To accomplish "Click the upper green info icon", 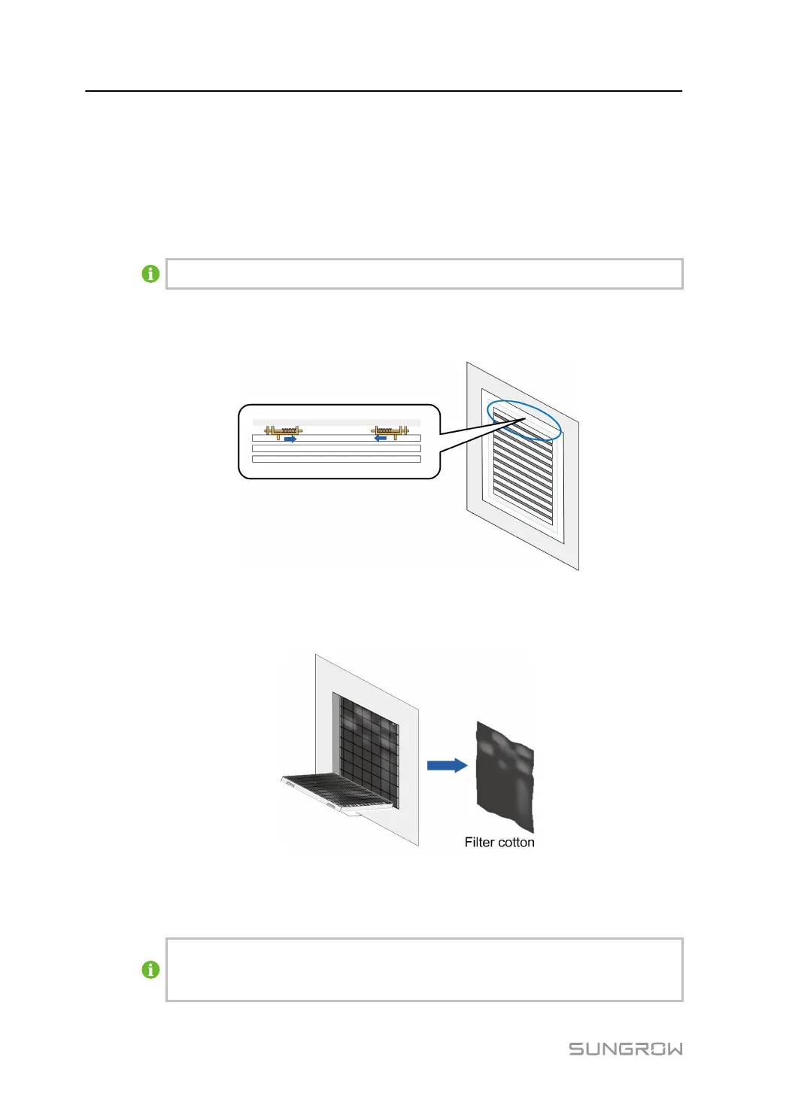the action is (150, 274).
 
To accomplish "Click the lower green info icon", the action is (150, 970).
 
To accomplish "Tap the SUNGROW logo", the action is (625, 1049).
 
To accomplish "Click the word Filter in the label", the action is (479, 843).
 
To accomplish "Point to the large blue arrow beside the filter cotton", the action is (447, 765).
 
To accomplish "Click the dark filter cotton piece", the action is (505, 775).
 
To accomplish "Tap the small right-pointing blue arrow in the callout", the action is (290, 439).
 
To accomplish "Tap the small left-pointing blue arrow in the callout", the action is (381, 437).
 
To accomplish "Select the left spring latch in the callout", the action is (283, 431).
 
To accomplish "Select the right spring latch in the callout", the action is (390, 431).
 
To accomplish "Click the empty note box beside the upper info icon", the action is (424, 274).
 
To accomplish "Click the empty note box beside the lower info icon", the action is (424, 970).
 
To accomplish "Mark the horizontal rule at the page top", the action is (384, 91).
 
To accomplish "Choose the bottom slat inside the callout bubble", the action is (335, 458).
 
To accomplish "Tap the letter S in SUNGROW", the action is (576, 1049).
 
